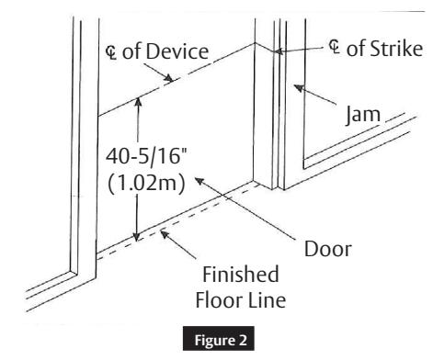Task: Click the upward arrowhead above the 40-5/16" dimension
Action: pos(135,104)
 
